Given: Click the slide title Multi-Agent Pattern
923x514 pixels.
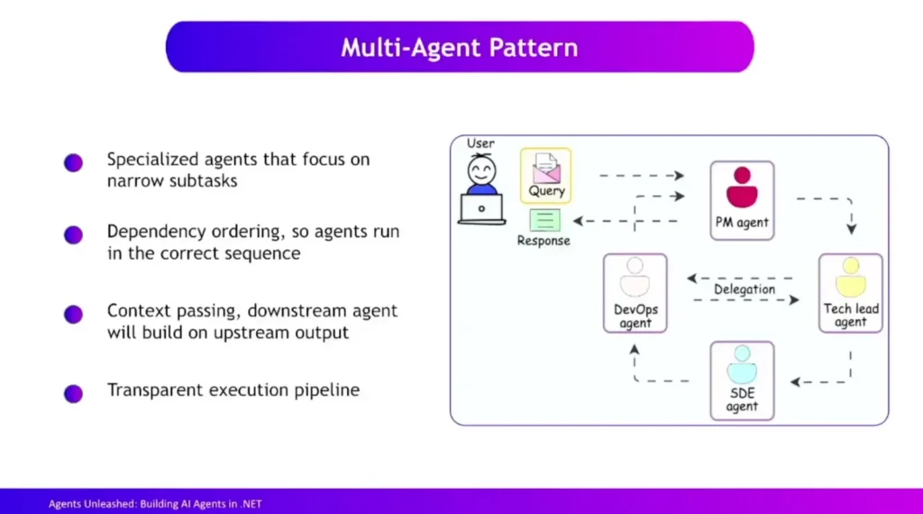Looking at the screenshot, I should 460,47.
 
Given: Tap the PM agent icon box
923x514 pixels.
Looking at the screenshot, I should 742,199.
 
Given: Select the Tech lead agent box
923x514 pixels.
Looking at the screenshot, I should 850,292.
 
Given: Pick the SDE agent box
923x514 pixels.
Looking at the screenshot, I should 742,380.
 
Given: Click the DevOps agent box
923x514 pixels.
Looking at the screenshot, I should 635,292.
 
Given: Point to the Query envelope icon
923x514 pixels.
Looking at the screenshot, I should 546,169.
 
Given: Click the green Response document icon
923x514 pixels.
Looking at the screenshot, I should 544,220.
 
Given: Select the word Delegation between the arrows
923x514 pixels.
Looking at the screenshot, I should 744,289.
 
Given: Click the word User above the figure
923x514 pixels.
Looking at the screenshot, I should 480,143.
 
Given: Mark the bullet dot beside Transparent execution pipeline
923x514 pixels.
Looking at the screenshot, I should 73,392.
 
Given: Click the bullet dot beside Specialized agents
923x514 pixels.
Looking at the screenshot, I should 73,162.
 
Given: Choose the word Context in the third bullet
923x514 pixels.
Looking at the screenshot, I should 136,311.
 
